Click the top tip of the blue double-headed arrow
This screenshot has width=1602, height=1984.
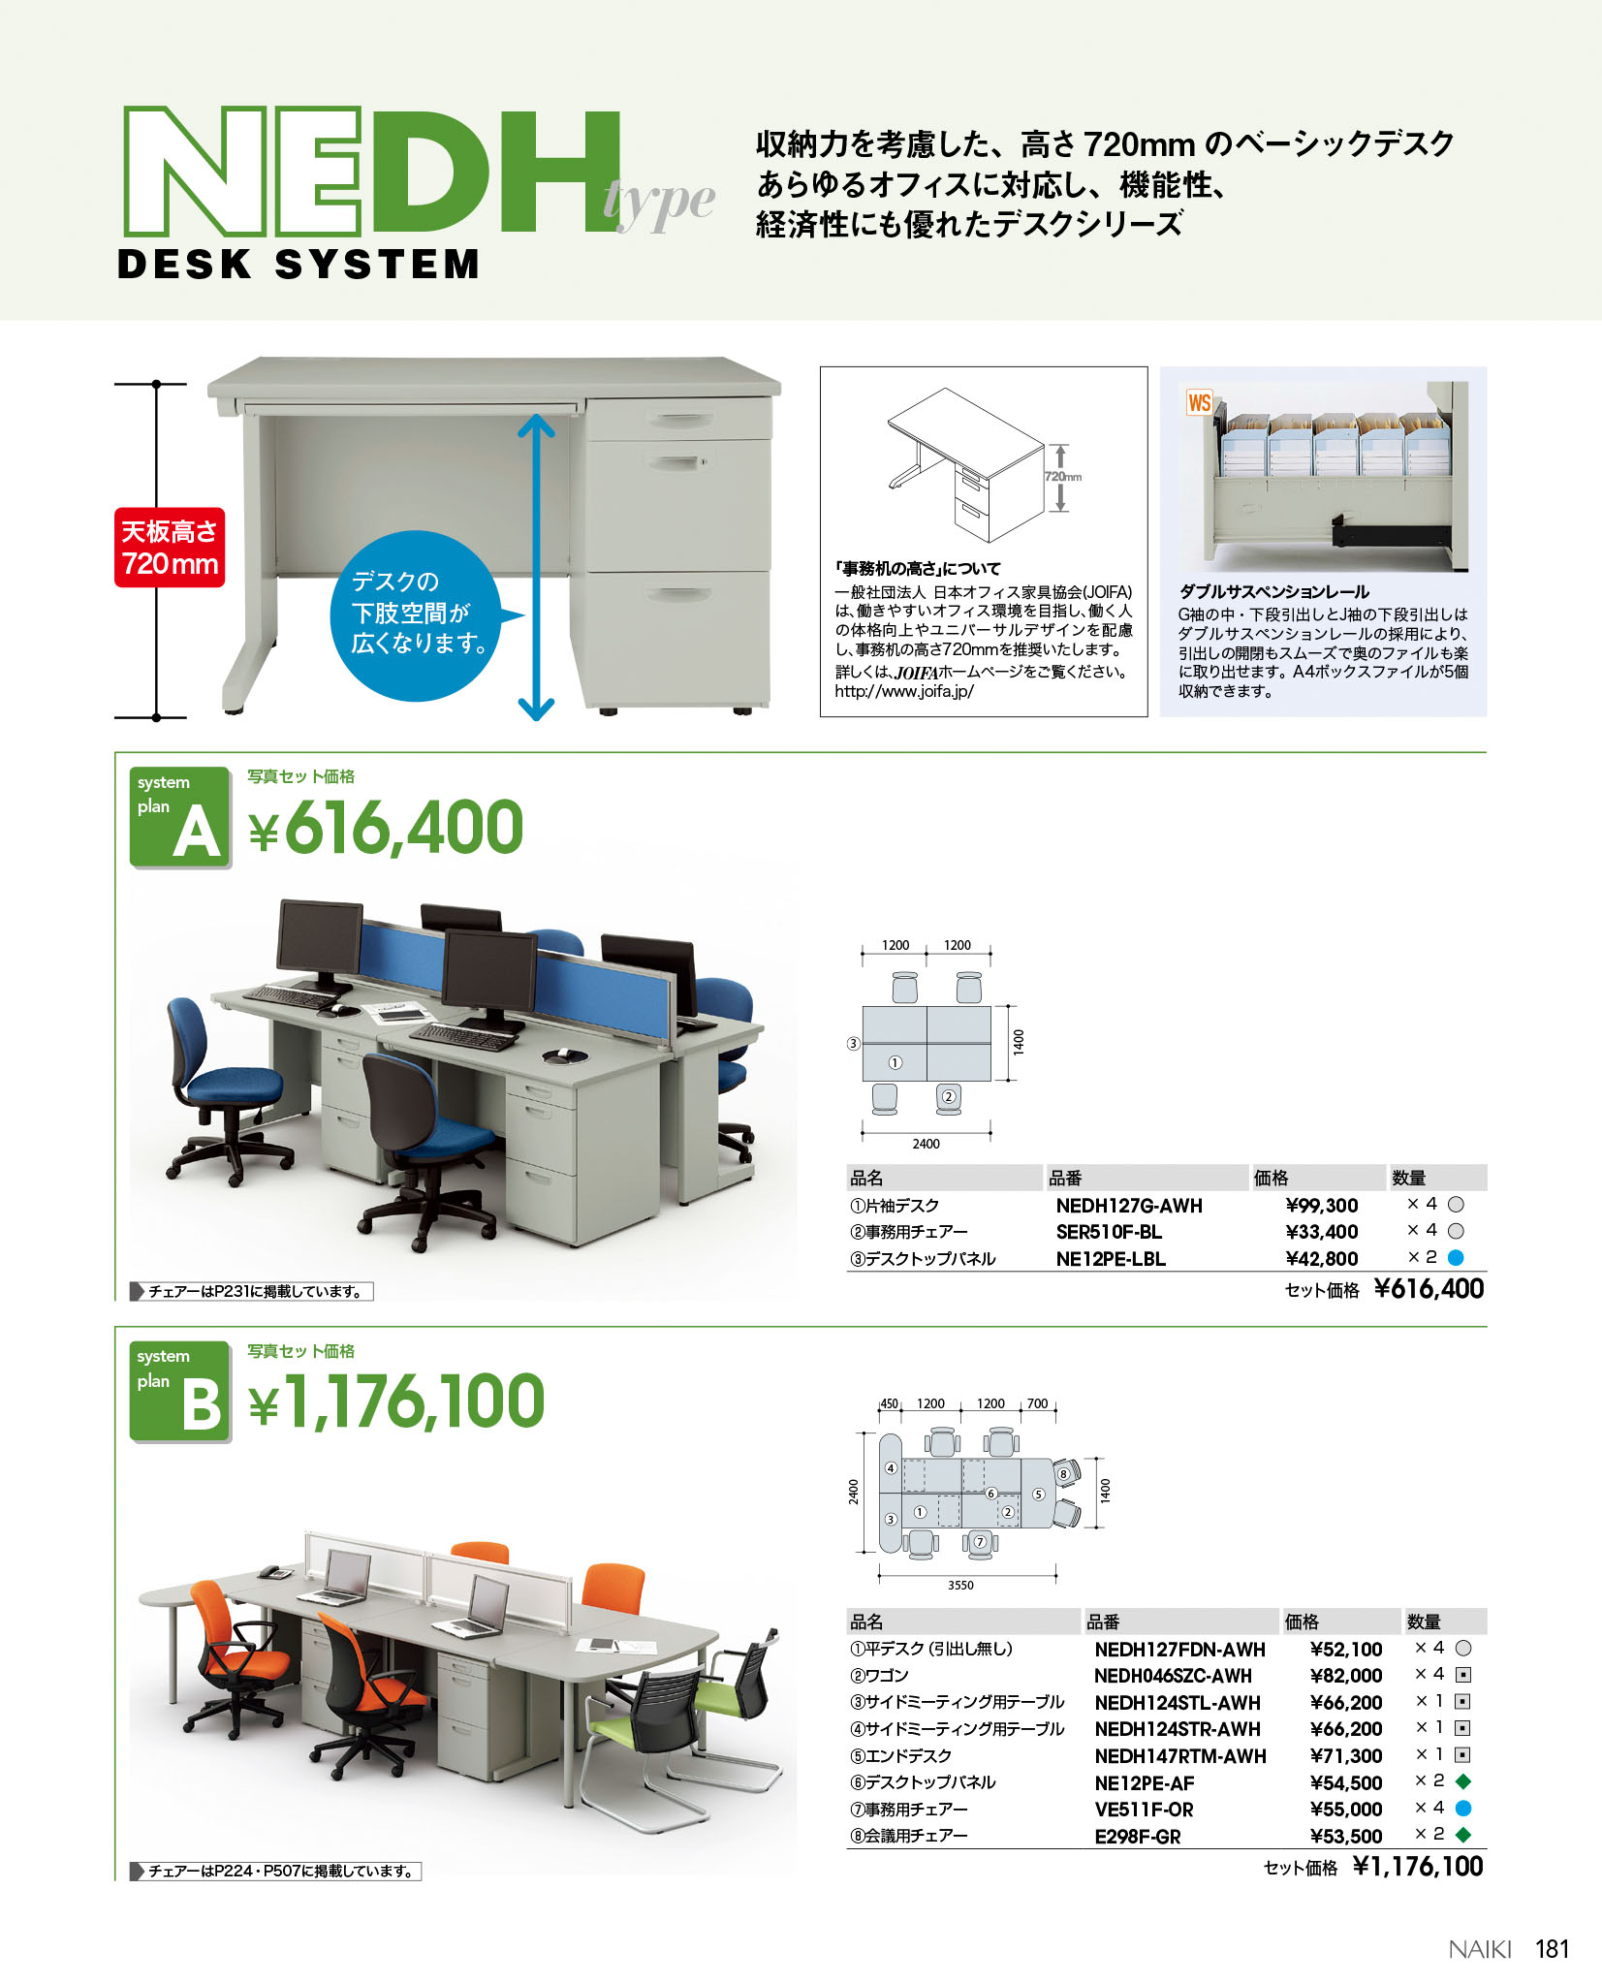coord(536,415)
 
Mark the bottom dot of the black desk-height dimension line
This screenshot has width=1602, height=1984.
coord(156,717)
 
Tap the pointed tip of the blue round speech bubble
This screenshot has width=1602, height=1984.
coord(524,614)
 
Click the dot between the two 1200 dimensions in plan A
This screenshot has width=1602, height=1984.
coord(927,956)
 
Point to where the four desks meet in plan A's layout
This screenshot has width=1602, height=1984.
coord(927,1044)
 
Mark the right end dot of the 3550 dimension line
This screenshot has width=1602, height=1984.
coord(1056,1575)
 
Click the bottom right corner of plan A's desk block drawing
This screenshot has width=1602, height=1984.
coord(990,1080)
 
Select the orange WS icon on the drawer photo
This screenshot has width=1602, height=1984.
coord(1199,402)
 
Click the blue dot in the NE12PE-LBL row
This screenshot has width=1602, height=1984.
coord(1455,1258)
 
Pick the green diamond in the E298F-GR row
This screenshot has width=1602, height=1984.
coord(1463,1835)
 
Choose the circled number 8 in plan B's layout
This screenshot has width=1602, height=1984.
coord(1063,1474)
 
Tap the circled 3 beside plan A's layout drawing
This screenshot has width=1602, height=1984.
coord(853,1044)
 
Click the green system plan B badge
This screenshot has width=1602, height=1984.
coord(181,1391)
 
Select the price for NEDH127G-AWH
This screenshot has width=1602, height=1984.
coord(1322,1206)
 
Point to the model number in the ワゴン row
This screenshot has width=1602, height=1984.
coord(1173,1676)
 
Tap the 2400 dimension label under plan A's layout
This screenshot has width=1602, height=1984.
coord(926,1144)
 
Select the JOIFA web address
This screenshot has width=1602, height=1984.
coord(904,691)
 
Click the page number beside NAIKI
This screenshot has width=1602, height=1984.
coord(1552,1949)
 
